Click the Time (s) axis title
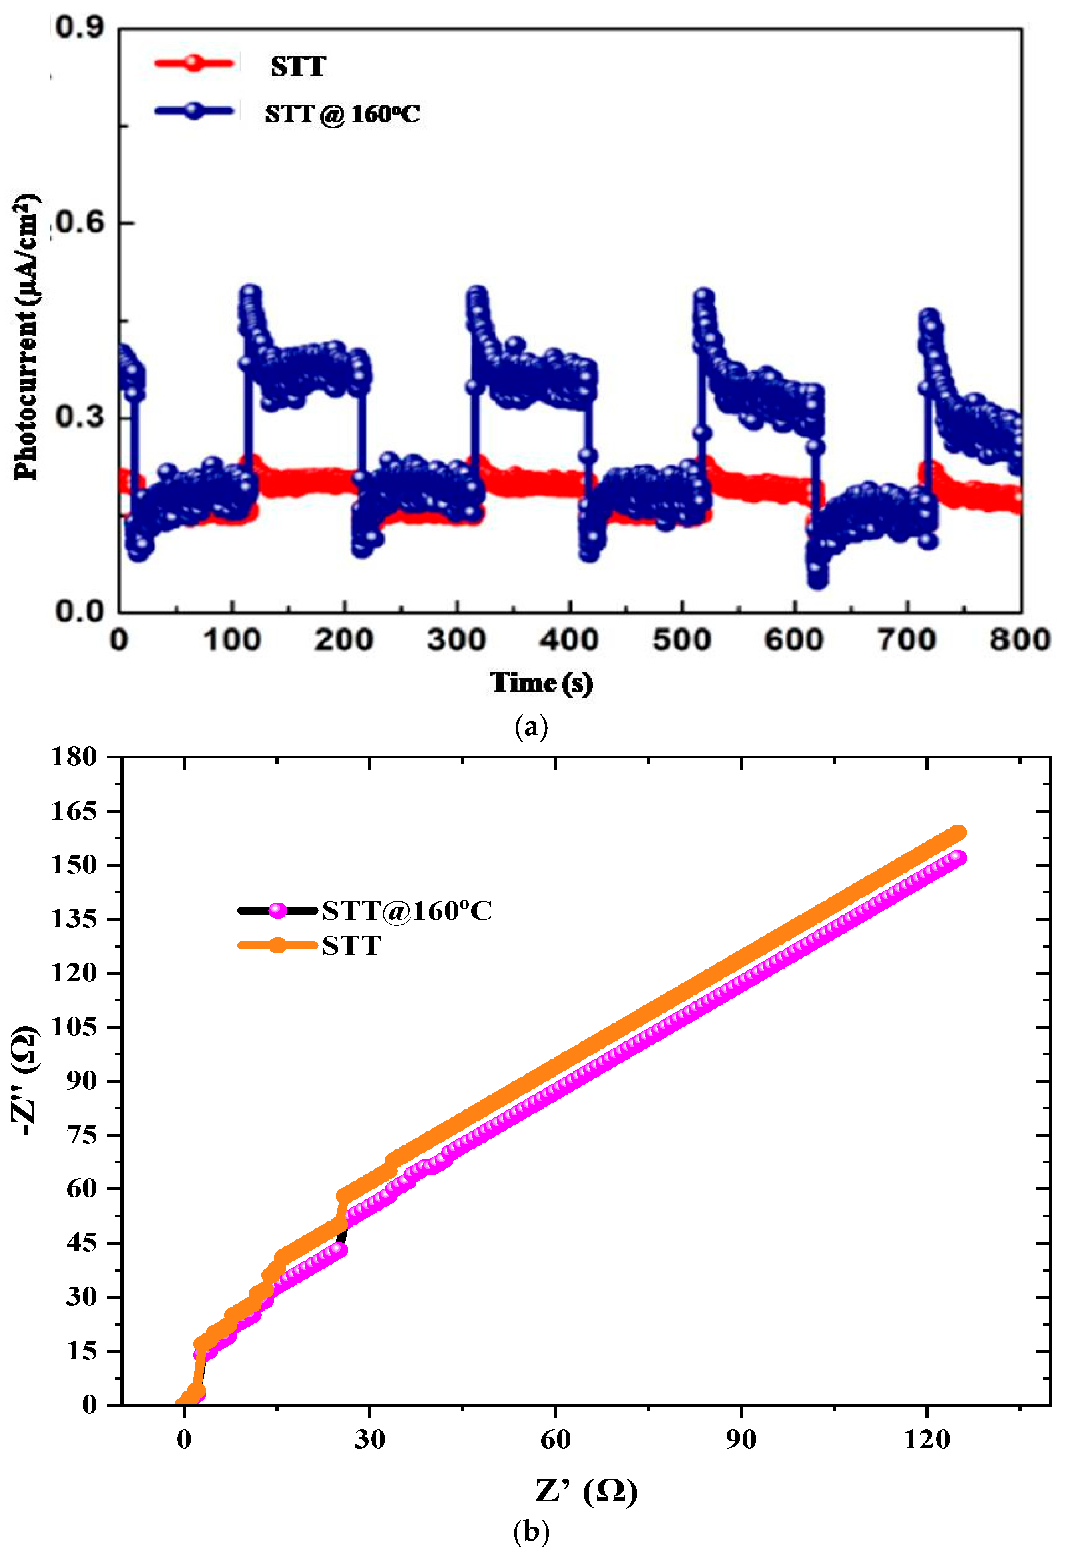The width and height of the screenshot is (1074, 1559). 541,683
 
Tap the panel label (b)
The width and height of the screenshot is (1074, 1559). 531,1532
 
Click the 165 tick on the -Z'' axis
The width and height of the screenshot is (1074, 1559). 74,811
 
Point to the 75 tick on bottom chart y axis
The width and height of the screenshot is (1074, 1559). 81,1135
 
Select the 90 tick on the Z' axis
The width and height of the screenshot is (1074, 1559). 741,1439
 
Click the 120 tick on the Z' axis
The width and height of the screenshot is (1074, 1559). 927,1439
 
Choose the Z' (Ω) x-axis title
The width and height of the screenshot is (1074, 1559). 586,1491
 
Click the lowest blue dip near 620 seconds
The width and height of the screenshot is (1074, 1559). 817,579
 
